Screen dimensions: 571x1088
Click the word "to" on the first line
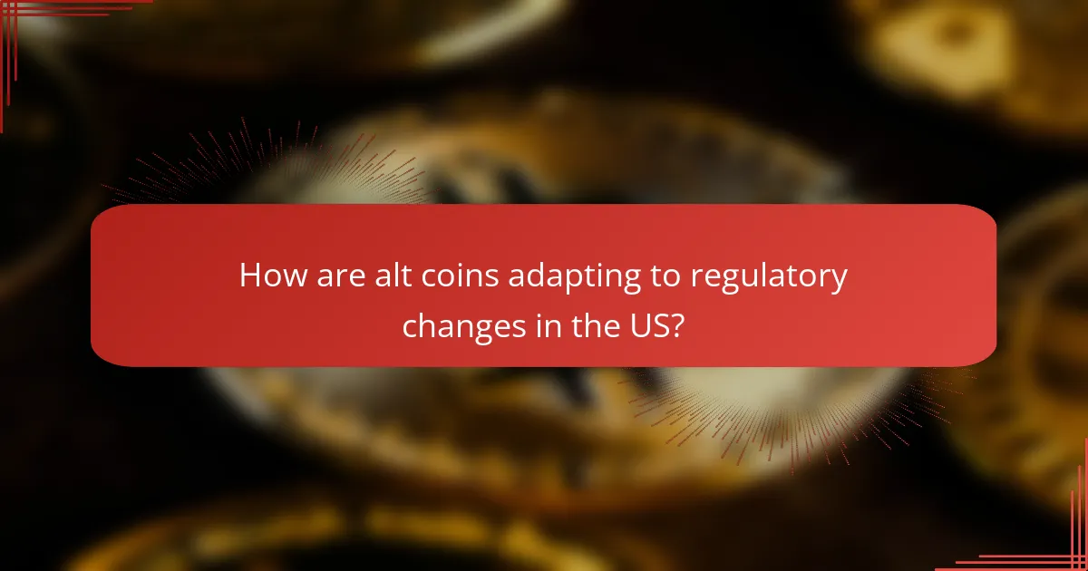click(x=667, y=277)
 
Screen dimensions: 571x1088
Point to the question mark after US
click(x=677, y=327)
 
